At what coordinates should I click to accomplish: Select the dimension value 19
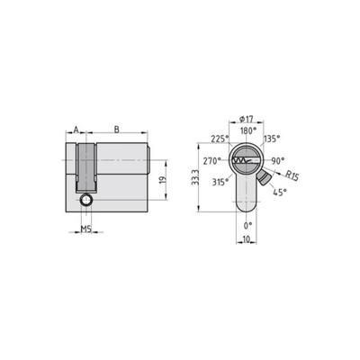pyautogui.click(x=163, y=181)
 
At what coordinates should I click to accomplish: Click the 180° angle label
pyautogui.click(x=247, y=130)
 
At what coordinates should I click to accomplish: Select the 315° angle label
pyautogui.click(x=219, y=182)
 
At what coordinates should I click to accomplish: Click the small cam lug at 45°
pyautogui.click(x=264, y=178)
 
